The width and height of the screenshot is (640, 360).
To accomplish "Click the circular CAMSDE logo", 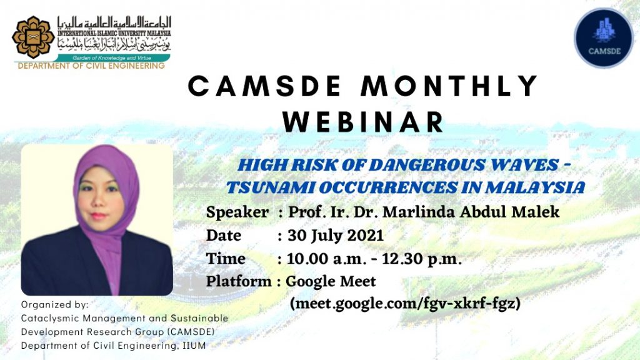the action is coord(604,38).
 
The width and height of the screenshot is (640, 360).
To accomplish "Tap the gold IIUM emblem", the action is coord(33,37).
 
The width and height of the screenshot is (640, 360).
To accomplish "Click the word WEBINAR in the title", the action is coord(363,122).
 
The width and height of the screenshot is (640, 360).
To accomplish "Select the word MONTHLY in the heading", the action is coord(449,86).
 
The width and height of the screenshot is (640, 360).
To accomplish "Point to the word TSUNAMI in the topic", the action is coord(270,187).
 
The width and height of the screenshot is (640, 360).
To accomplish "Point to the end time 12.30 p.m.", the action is coord(422,259).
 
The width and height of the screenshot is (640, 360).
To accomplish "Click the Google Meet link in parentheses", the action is coord(405,304).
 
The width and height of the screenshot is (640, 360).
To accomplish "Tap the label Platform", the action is coord(239,281).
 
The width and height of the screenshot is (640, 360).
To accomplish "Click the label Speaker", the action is coord(237,212).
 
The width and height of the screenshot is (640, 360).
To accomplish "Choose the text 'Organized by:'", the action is coord(55,305).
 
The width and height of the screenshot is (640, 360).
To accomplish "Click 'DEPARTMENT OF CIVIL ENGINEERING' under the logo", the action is coord(91,66).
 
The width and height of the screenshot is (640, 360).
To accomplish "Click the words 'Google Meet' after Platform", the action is coord(331,281).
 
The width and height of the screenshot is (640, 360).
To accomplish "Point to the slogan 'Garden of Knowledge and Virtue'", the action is coord(112,58).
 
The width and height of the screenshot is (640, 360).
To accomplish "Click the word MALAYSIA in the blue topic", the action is coord(535,187).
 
